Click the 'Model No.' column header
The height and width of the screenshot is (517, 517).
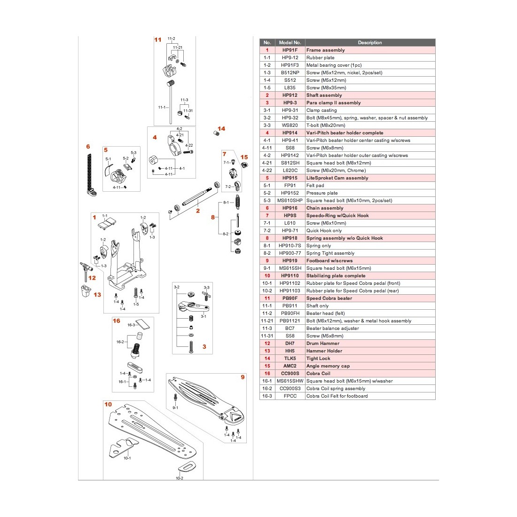(290, 42)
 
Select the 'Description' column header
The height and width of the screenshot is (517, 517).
(370, 42)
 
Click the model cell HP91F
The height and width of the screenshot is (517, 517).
(290, 50)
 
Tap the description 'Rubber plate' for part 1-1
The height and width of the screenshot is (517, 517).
(321, 57)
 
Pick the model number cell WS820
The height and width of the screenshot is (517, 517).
(290, 125)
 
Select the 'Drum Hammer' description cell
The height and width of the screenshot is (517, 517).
(322, 343)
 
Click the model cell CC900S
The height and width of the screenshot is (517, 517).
(290, 373)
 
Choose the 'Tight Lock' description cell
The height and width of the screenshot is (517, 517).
(318, 358)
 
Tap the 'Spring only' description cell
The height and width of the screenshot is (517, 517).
(319, 245)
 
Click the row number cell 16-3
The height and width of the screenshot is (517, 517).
(267, 396)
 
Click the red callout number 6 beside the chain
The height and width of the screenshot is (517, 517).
(88, 147)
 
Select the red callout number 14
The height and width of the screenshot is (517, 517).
(221, 128)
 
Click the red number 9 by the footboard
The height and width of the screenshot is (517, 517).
(243, 377)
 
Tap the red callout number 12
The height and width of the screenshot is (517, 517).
(92, 278)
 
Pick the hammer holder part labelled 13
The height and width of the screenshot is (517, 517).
(86, 292)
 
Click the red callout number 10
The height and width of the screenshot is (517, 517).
(108, 404)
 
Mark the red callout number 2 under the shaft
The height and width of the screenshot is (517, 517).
(198, 211)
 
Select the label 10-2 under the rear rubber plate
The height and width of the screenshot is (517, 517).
(180, 478)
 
